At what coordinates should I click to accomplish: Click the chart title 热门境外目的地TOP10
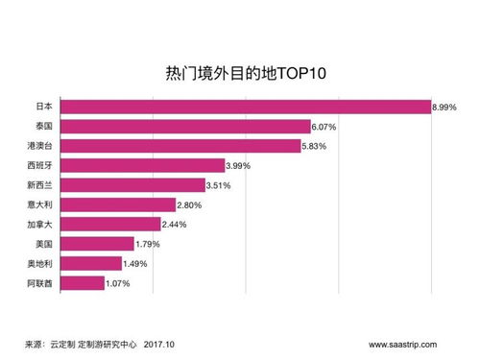click(x=240, y=75)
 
